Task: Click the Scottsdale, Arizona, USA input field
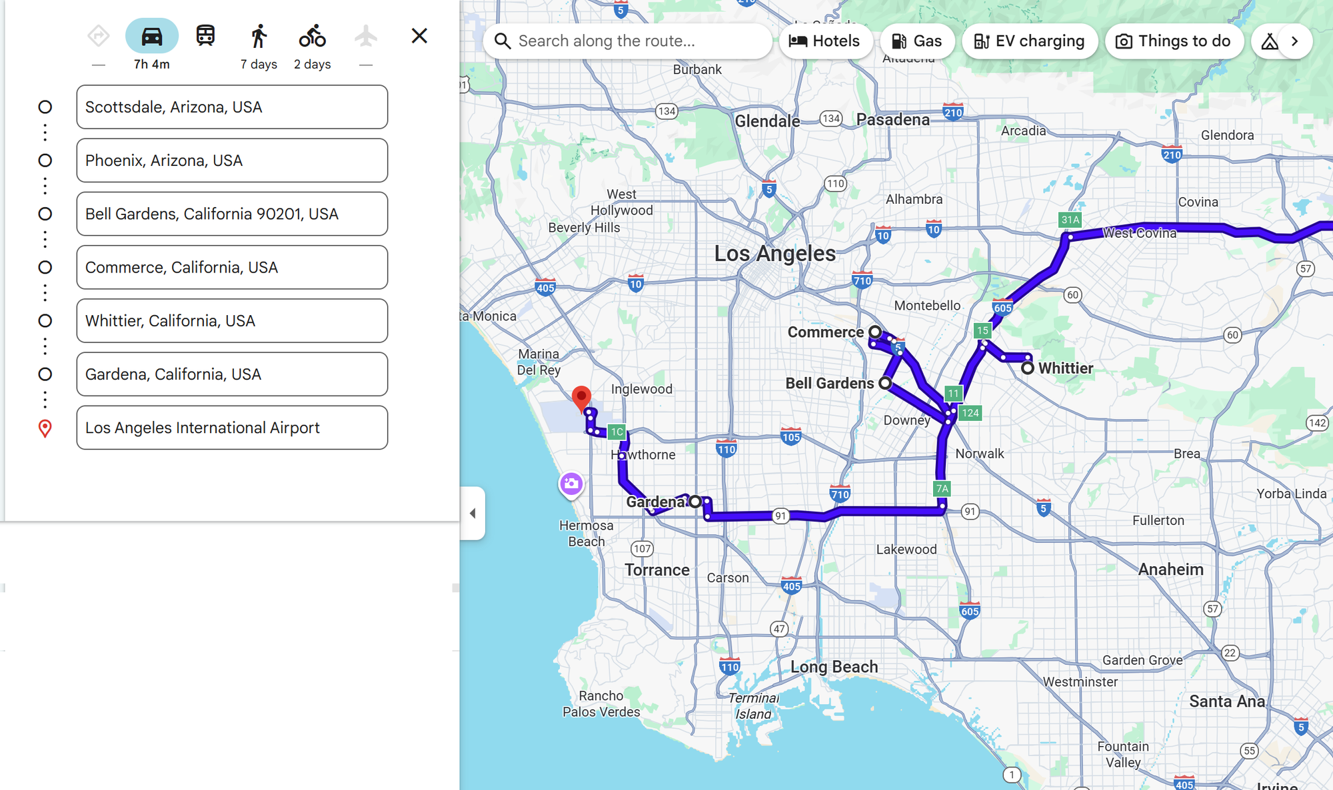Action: point(231,107)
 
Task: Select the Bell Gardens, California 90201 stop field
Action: point(231,214)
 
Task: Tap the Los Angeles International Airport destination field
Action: point(231,428)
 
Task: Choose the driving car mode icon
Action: point(152,36)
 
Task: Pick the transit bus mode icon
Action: point(205,36)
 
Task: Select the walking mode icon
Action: point(259,36)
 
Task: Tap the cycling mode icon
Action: point(312,36)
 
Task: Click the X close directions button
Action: point(419,36)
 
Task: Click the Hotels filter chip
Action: point(825,41)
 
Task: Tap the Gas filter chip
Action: point(917,41)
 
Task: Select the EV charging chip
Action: point(1029,41)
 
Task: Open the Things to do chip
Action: point(1174,41)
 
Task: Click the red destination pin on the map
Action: point(581,397)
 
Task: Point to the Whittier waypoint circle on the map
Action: point(1028,368)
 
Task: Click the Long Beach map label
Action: point(834,667)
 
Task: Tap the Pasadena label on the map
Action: point(892,120)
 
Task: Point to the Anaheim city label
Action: point(1170,570)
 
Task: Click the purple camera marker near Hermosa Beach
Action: point(571,484)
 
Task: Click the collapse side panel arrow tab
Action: point(473,513)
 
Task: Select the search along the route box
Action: point(627,41)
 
